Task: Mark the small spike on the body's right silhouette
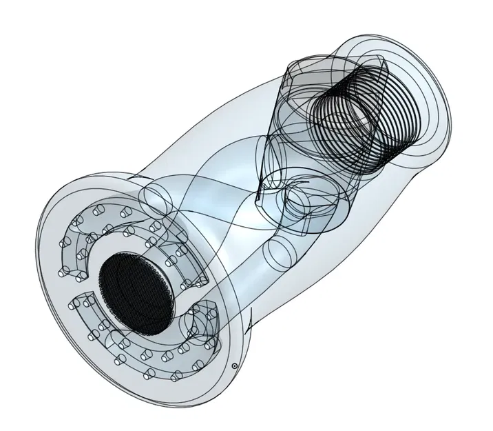(x=252, y=319)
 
